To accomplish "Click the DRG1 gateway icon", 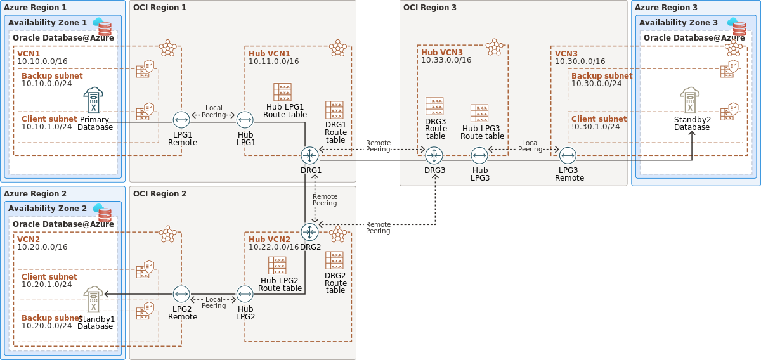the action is (x=309, y=155).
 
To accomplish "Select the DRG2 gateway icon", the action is (x=309, y=232).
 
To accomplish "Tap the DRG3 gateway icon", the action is (x=434, y=155).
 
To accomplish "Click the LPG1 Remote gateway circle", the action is (x=181, y=120).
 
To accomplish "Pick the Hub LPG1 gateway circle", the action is (x=245, y=120).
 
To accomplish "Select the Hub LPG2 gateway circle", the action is (x=245, y=294).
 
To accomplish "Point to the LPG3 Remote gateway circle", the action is (x=568, y=155).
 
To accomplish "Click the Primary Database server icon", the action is (x=93, y=100).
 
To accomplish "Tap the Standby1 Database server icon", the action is (x=93, y=299).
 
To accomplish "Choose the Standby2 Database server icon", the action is (x=690, y=100).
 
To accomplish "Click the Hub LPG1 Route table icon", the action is (x=282, y=92).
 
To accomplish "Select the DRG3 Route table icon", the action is (x=434, y=106).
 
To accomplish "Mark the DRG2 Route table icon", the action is (x=334, y=260).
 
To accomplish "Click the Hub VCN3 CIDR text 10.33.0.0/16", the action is (x=446, y=60).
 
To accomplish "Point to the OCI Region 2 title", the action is (x=160, y=193).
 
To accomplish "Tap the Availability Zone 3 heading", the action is (x=679, y=22).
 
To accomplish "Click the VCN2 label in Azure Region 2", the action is (x=29, y=239).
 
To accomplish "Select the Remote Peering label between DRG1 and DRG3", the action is (x=378, y=146).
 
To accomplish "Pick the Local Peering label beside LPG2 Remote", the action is (x=214, y=302).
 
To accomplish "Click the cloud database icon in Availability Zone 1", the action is (x=102, y=27).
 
